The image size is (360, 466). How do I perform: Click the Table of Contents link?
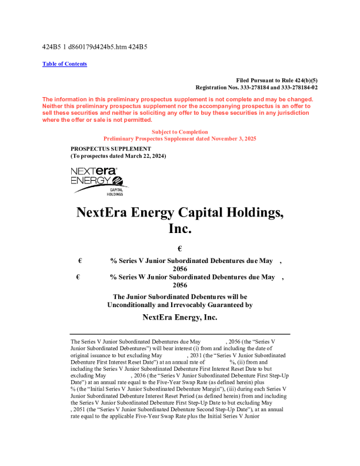click(65, 64)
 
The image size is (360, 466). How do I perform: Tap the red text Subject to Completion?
click(179, 132)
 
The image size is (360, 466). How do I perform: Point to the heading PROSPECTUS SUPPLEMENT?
click(111, 148)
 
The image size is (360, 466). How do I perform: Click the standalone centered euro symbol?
click(179, 249)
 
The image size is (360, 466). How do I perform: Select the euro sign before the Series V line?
click(79, 260)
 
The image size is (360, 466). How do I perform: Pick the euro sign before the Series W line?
click(79, 277)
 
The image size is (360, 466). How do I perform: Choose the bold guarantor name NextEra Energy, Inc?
click(179, 317)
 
